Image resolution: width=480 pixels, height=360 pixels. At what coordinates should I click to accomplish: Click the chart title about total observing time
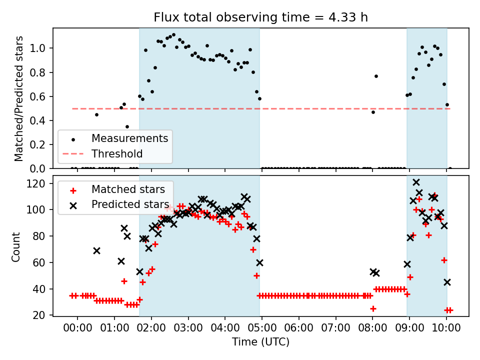coord(260,17)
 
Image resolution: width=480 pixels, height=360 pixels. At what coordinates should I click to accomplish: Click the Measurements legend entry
coord(129,138)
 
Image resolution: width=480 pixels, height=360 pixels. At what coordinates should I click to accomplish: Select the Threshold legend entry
coord(117,153)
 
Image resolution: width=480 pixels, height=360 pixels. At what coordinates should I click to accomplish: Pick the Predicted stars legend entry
coord(130,204)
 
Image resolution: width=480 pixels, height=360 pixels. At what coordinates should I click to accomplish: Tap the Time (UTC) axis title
coord(260,342)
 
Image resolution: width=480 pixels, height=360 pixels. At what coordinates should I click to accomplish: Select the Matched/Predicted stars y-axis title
coord(19,98)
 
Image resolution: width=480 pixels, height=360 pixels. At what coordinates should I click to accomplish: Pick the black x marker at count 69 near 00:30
coord(96,250)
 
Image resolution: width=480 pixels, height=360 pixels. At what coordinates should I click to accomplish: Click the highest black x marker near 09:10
coord(416,182)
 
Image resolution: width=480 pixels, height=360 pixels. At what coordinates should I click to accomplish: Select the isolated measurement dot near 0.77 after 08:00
coord(376,76)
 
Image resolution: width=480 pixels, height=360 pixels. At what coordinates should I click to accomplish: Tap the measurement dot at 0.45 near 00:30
coord(96,114)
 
